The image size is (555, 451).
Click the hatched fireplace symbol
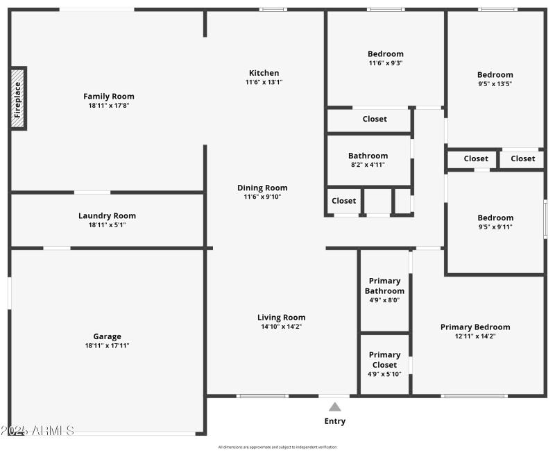click(18, 98)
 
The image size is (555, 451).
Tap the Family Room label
click(109, 97)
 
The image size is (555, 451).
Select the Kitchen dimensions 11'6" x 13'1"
click(264, 82)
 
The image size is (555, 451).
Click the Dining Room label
click(262, 188)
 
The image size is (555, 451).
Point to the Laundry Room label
click(107, 215)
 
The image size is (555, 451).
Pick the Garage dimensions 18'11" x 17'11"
click(107, 345)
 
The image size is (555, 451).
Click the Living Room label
click(281, 318)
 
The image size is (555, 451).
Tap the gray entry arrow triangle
click(334, 407)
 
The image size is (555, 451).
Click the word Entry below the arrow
click(334, 421)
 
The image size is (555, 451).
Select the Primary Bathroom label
click(384, 286)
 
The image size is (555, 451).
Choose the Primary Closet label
click(384, 359)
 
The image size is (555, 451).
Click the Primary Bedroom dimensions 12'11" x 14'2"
click(475, 336)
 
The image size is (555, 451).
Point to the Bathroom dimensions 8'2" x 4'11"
click(368, 165)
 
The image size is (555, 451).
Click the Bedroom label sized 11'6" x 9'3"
click(385, 54)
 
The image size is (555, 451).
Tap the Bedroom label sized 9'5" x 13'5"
click(495, 75)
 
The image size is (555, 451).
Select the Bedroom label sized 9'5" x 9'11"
click(495, 218)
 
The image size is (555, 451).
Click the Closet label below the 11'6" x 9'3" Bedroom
click(375, 119)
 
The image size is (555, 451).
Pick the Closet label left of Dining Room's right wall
click(343, 201)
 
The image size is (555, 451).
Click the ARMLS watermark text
click(38, 431)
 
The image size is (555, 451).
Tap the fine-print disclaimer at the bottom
click(277, 447)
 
